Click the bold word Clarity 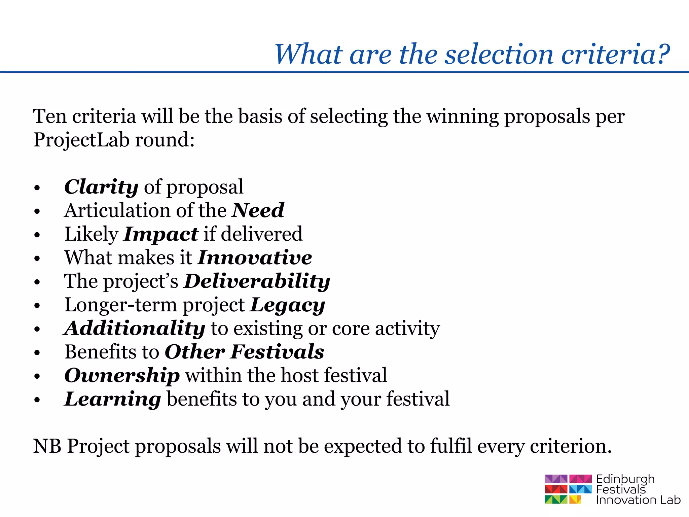pyautogui.click(x=101, y=187)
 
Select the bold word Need pyautogui.click(x=258, y=210)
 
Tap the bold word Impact pyautogui.click(x=161, y=234)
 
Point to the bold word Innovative pyautogui.click(x=255, y=257)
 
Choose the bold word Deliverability pyautogui.click(x=257, y=281)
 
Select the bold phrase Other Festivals pyautogui.click(x=245, y=352)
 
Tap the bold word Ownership pyautogui.click(x=122, y=376)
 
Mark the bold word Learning pyautogui.click(x=113, y=399)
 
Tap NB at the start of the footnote pyautogui.click(x=47, y=446)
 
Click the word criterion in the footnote pyautogui.click(x=571, y=446)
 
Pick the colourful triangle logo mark pyautogui.click(x=568, y=489)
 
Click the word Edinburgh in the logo pyautogui.click(x=625, y=479)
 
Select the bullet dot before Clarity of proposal pyautogui.click(x=37, y=188)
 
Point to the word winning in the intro pyautogui.click(x=462, y=116)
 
